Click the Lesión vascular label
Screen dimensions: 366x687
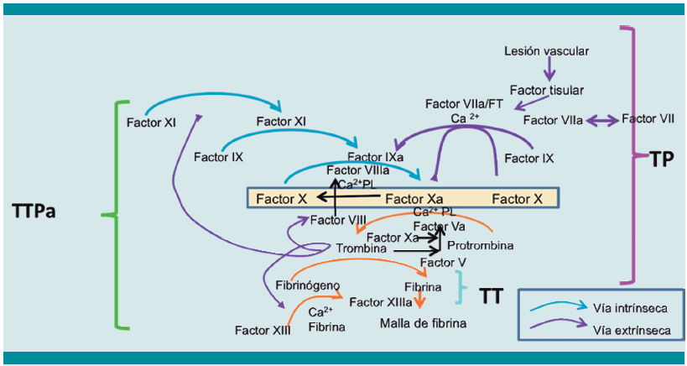(546, 51)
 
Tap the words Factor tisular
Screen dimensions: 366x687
(546, 90)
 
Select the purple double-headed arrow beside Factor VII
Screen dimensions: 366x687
(601, 121)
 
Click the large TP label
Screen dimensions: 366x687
(662, 159)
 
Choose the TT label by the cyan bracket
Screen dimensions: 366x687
(493, 295)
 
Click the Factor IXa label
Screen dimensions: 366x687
(375, 157)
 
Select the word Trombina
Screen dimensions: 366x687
(361, 249)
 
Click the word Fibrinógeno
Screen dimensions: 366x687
(308, 285)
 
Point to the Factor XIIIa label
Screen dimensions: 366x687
(380, 301)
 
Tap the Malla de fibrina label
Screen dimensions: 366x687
(423, 322)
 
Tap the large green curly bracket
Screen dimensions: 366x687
(112, 214)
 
